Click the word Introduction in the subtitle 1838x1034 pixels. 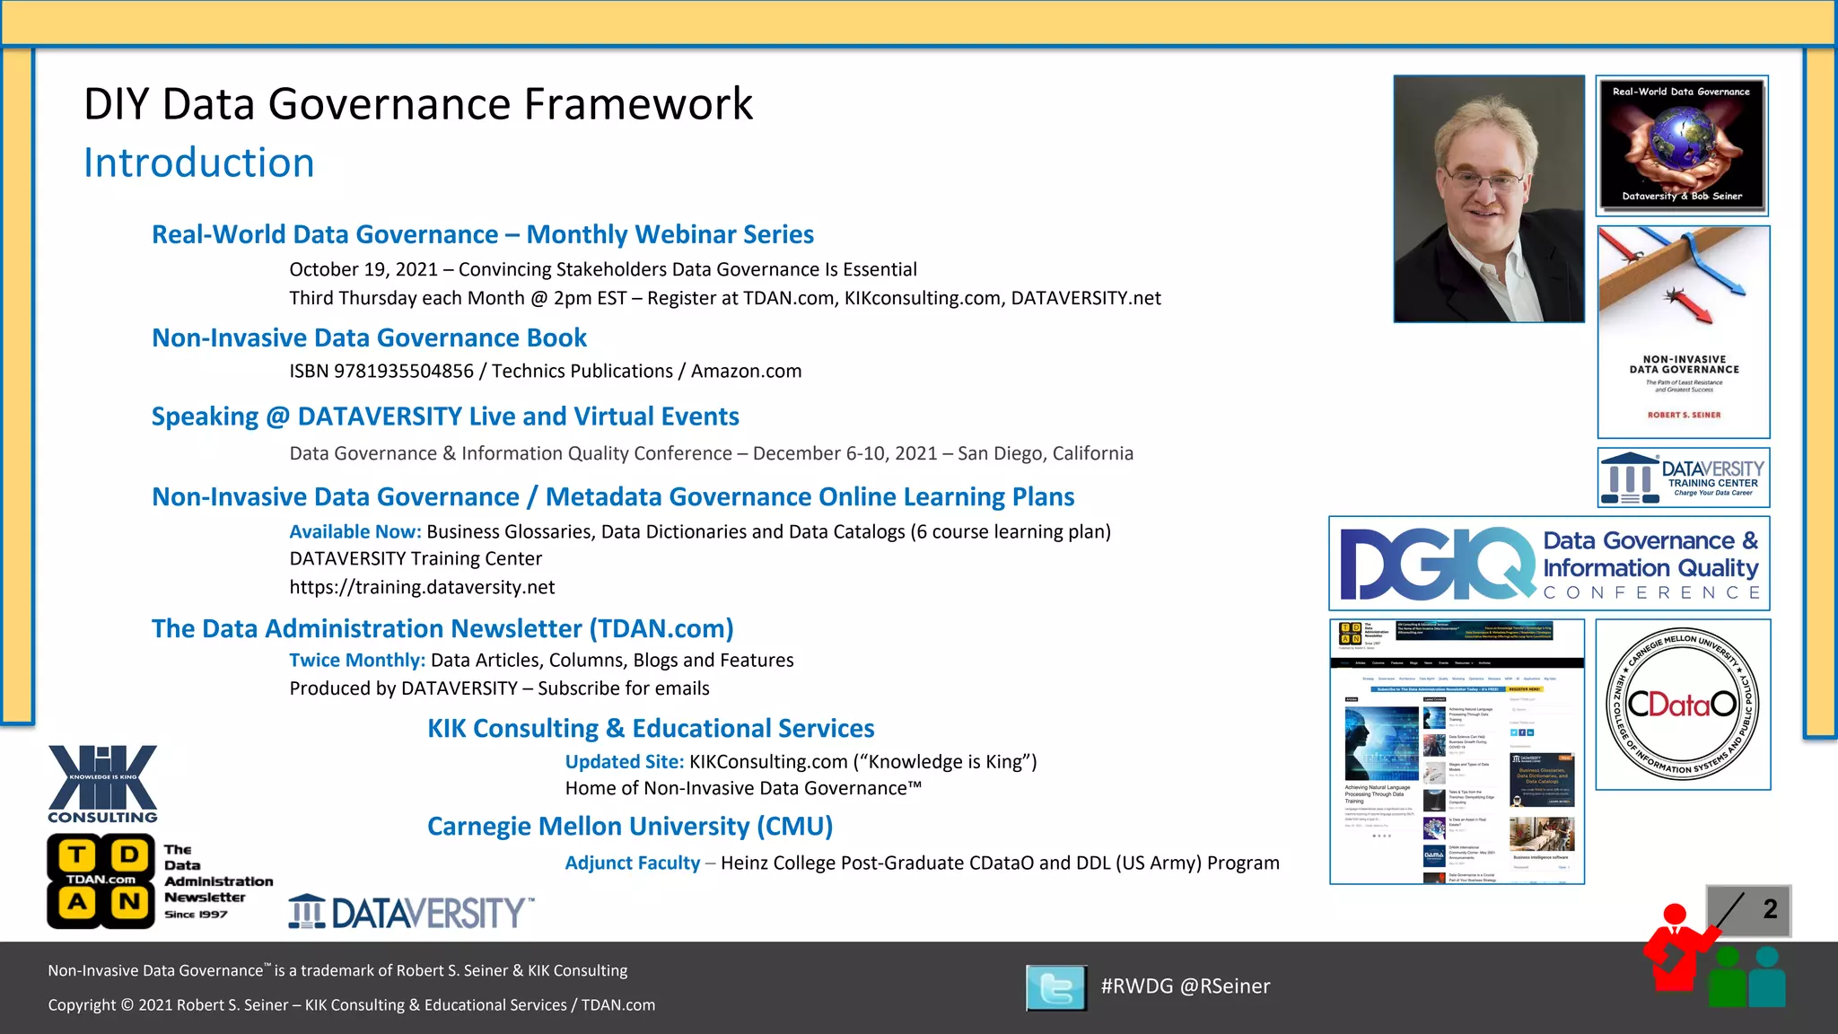(x=198, y=163)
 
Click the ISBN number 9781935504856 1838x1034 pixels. (x=403, y=372)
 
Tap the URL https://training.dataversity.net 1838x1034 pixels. (x=422, y=588)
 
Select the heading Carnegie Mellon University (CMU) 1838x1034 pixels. (x=630, y=827)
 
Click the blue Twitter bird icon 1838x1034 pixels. (x=1055, y=987)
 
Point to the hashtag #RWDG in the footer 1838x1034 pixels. (x=1136, y=986)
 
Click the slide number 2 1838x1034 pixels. (x=1770, y=909)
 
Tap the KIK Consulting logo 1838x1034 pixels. (x=102, y=784)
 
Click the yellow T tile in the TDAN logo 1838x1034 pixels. (x=78, y=854)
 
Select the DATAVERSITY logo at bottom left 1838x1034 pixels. (x=411, y=913)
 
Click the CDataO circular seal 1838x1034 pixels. (x=1682, y=705)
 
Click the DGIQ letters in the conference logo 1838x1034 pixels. (x=1437, y=564)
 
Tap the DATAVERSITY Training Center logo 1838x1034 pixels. (x=1684, y=478)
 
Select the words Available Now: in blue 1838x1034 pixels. (x=354, y=532)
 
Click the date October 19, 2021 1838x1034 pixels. (x=363, y=270)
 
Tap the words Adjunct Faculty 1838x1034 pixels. (x=632, y=863)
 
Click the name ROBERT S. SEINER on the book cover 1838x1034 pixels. (x=1684, y=415)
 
